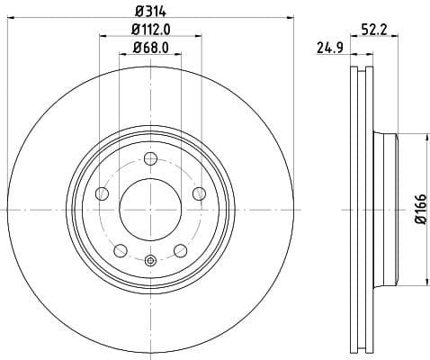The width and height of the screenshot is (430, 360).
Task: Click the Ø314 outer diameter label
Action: click(151, 10)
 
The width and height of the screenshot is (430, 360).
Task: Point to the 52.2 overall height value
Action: click(388, 30)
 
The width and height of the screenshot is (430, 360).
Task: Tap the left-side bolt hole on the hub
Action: click(103, 193)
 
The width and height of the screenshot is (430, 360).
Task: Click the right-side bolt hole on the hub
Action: click(199, 193)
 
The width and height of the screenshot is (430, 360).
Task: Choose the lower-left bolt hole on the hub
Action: click(121, 248)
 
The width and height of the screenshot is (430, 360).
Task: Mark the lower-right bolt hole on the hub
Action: click(181, 248)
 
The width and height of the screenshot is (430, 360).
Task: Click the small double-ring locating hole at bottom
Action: click(150, 261)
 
